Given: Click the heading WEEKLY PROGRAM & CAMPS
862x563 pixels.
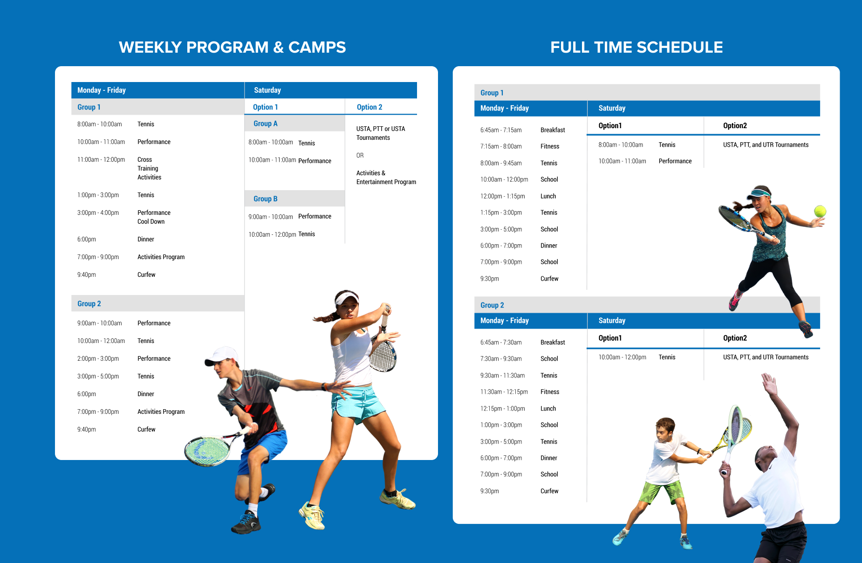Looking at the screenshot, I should pyautogui.click(x=232, y=47).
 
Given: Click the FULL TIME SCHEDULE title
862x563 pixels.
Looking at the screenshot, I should pyautogui.click(x=636, y=47).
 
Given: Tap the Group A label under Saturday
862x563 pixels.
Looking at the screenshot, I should pyautogui.click(x=265, y=124).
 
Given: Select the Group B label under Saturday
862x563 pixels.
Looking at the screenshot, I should pyautogui.click(x=265, y=199).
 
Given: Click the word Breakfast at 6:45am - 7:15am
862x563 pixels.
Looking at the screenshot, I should pyautogui.click(x=553, y=130).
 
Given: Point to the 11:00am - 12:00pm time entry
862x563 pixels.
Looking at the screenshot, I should pyautogui.click(x=101, y=159).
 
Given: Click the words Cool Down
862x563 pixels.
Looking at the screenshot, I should pyautogui.click(x=151, y=222).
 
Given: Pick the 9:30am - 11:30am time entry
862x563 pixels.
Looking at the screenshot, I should pyautogui.click(x=502, y=376).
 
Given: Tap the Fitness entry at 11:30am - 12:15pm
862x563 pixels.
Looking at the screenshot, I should pyautogui.click(x=550, y=392).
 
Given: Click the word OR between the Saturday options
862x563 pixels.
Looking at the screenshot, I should pyautogui.click(x=360, y=156).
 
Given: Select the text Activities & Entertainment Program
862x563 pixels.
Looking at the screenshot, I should pyautogui.click(x=386, y=178).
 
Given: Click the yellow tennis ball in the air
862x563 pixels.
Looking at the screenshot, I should pyautogui.click(x=820, y=211).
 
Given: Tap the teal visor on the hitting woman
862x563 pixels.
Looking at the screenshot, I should pyautogui.click(x=759, y=192).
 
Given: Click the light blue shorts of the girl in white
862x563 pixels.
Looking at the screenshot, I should pyautogui.click(x=358, y=402).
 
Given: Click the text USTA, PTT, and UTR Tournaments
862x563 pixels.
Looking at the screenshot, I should pyautogui.click(x=766, y=145).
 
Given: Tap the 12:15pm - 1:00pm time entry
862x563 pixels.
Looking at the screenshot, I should pyautogui.click(x=502, y=409).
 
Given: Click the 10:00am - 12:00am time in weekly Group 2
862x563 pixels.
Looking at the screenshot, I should pyautogui.click(x=101, y=341).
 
